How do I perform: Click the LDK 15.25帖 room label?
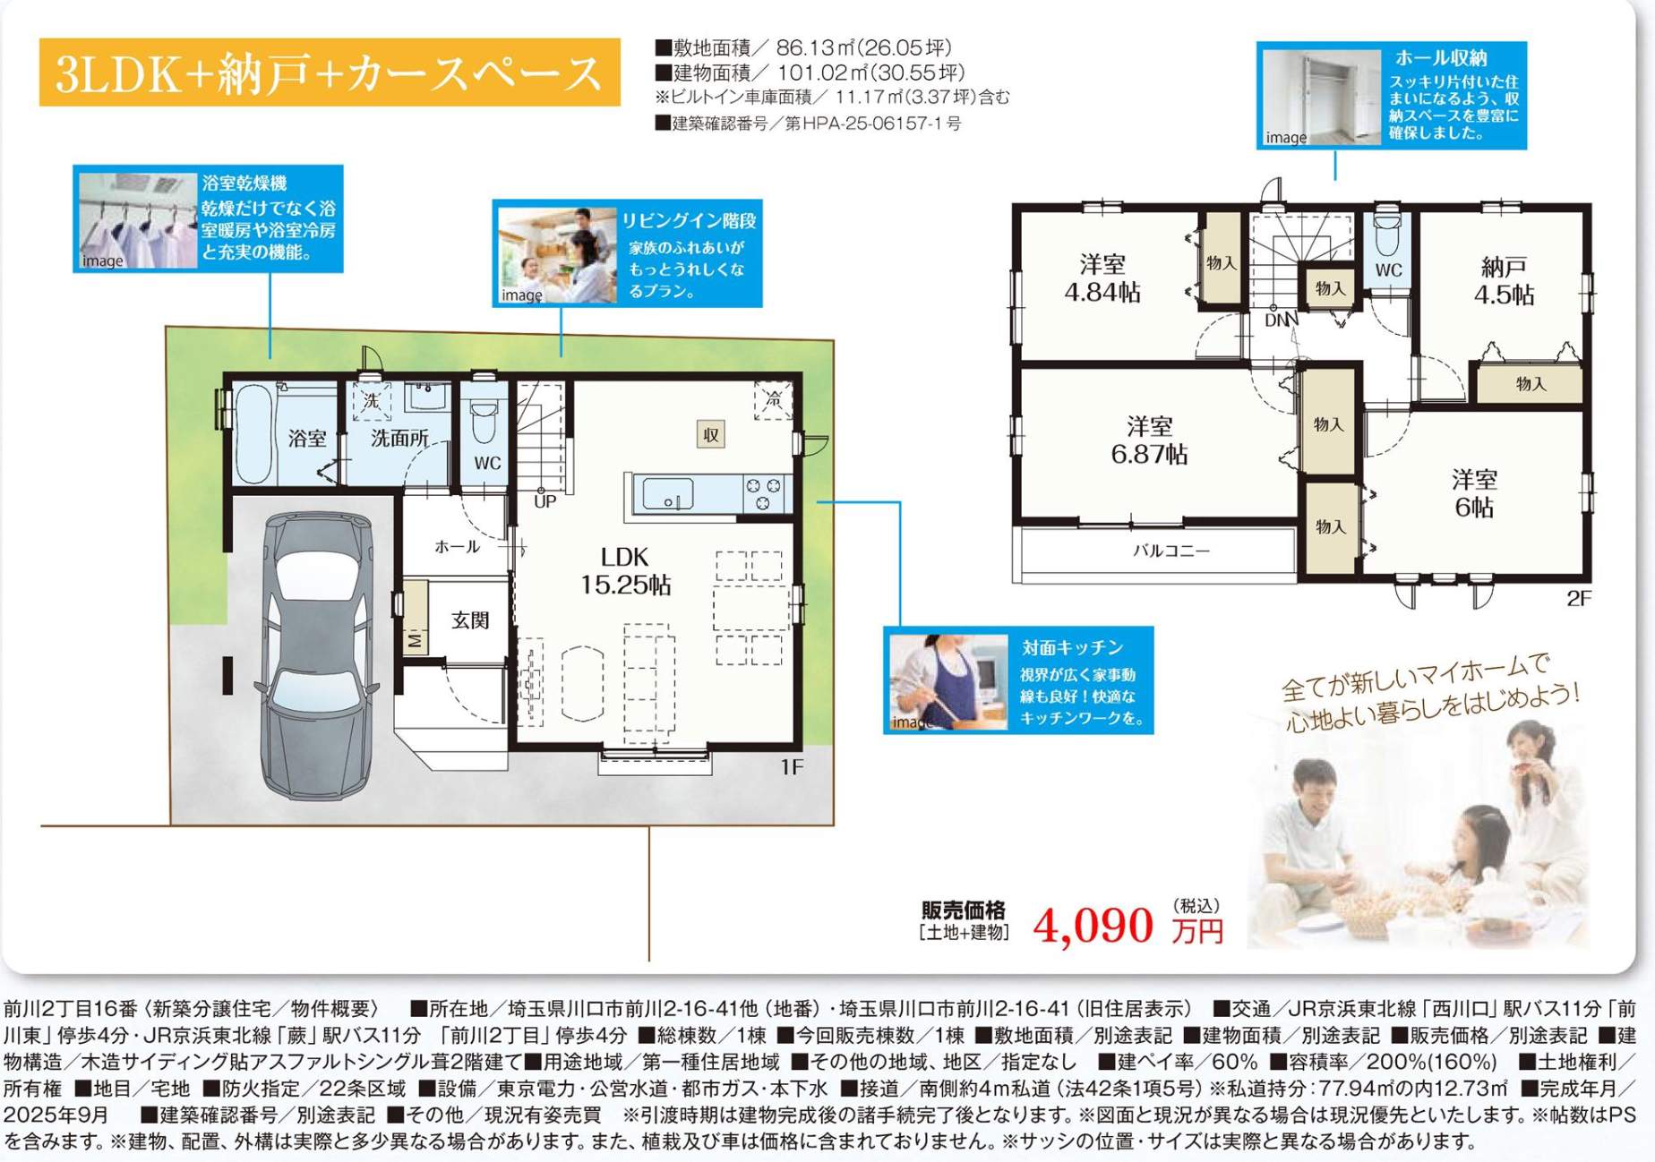[x=625, y=570]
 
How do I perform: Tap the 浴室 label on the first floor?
[x=307, y=438]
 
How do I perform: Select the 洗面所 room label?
[x=399, y=438]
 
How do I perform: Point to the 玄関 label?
[x=470, y=620]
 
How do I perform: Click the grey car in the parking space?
[x=316, y=655]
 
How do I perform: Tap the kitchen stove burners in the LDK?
[x=763, y=494]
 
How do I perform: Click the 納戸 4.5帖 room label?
[x=1505, y=280]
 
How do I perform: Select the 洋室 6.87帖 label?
[x=1150, y=440]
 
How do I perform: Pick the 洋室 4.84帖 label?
[x=1102, y=278]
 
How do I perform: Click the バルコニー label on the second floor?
[x=1171, y=551]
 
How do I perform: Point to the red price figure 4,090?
[x=1093, y=926]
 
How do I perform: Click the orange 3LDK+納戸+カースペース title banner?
[x=330, y=73]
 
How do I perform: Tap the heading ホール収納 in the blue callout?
[x=1441, y=58]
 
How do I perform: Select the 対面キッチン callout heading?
[x=1072, y=647]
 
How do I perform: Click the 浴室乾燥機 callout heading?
[x=244, y=184]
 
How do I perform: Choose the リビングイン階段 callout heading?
[x=690, y=220]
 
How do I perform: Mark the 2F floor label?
[x=1579, y=598]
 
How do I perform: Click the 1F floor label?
[x=792, y=767]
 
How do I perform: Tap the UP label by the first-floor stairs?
[x=545, y=501]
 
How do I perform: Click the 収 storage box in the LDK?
[x=711, y=435]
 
